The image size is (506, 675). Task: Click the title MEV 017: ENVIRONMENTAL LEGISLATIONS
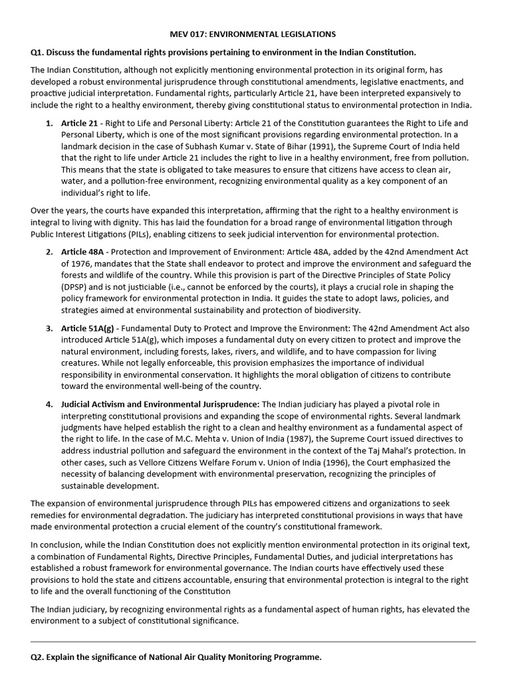pyautogui.click(x=253, y=34)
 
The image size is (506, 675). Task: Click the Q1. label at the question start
pyautogui.click(x=39, y=52)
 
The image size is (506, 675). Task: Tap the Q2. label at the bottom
pyautogui.click(x=39, y=658)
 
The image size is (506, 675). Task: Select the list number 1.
pyautogui.click(x=49, y=123)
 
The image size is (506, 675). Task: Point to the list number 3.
pyautogui.click(x=49, y=328)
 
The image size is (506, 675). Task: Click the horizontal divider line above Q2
pyautogui.click(x=253, y=641)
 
